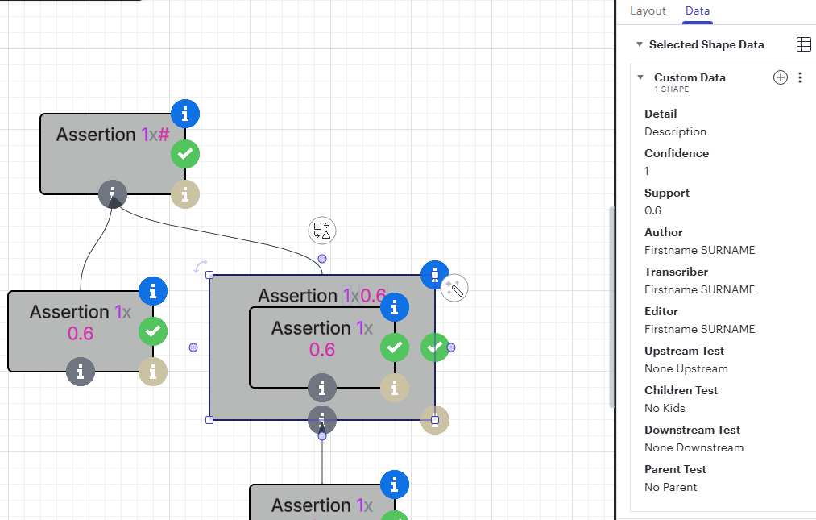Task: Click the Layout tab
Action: [x=648, y=11]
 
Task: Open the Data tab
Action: [x=698, y=11]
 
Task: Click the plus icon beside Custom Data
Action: [x=780, y=77]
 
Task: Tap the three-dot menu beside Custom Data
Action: [x=800, y=77]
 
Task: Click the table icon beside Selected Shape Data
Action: [x=803, y=44]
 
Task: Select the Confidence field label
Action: [x=677, y=153]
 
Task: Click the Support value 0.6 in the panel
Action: [x=652, y=210]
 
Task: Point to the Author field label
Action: [x=664, y=232]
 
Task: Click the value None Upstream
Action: [x=686, y=369]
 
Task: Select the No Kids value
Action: [x=665, y=408]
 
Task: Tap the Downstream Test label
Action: [x=692, y=430]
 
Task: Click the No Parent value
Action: [x=670, y=487]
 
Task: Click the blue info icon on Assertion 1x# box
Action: [x=185, y=114]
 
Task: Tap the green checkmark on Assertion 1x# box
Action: [x=185, y=154]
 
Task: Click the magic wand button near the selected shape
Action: [x=454, y=288]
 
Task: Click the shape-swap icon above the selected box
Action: [x=322, y=231]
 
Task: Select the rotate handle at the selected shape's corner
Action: [x=201, y=266]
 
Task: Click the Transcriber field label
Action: [x=676, y=272]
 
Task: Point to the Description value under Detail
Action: [x=675, y=132]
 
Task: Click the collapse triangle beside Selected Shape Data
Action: [x=640, y=44]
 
